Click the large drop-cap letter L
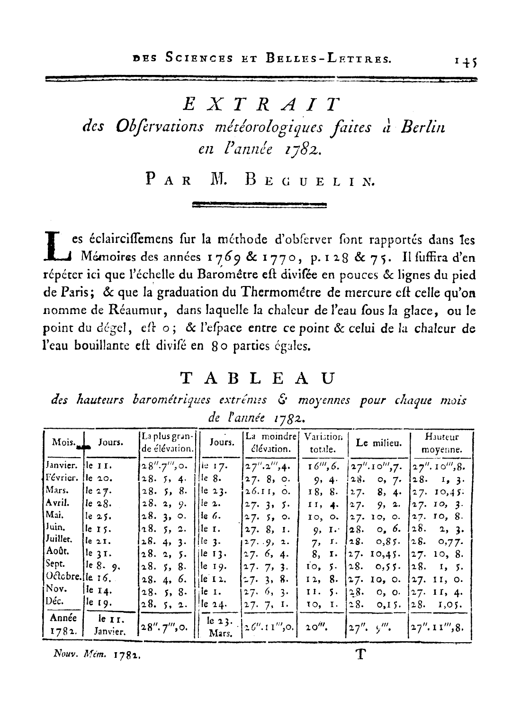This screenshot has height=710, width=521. click(56, 246)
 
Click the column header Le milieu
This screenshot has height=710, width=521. click(379, 443)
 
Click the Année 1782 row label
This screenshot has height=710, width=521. click(63, 625)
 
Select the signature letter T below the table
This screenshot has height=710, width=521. click(361, 655)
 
